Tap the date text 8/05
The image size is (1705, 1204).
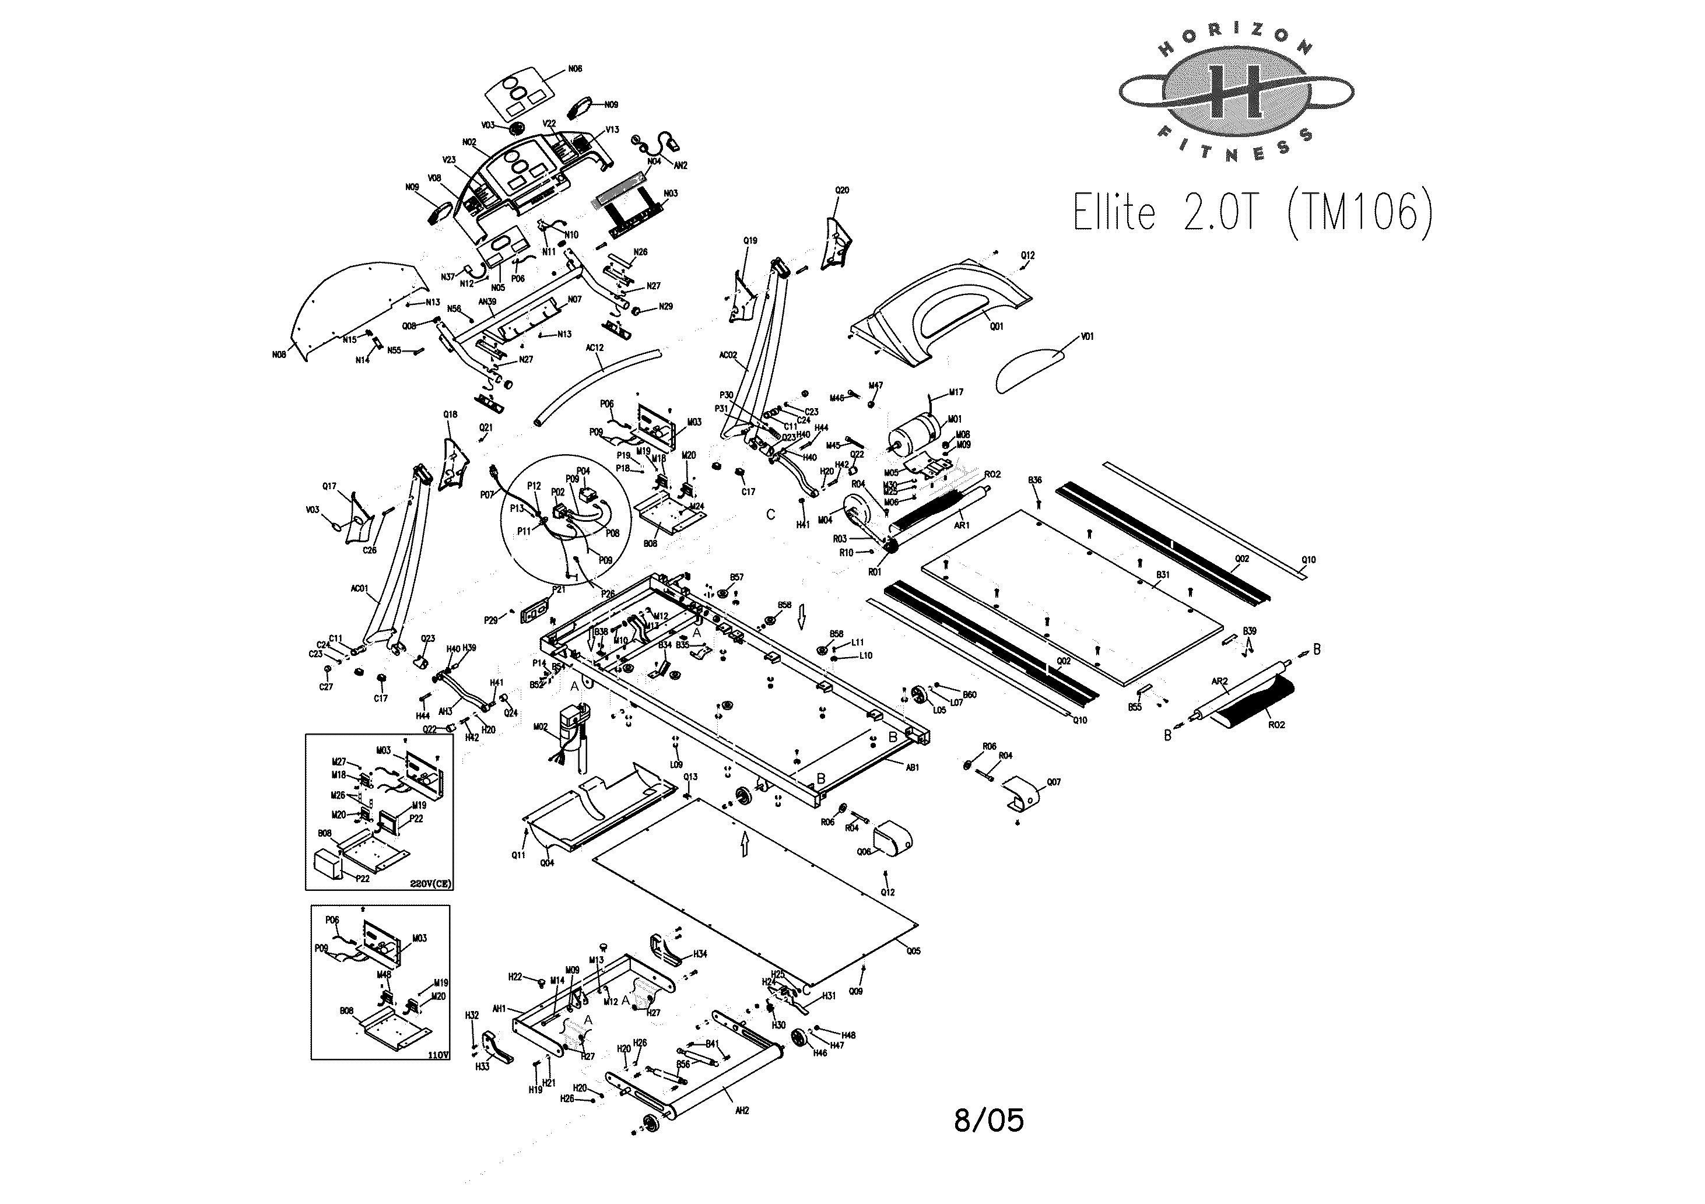(988, 1120)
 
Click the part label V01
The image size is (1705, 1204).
(1087, 336)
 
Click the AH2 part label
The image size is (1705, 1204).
(742, 1110)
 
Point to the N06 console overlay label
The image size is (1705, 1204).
(575, 69)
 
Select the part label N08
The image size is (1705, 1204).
(279, 355)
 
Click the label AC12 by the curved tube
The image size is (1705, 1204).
(595, 347)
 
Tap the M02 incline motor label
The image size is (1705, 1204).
(540, 727)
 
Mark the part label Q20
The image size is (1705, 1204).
(842, 190)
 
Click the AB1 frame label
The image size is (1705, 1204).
(913, 767)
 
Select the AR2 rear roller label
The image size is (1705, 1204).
(1219, 681)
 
